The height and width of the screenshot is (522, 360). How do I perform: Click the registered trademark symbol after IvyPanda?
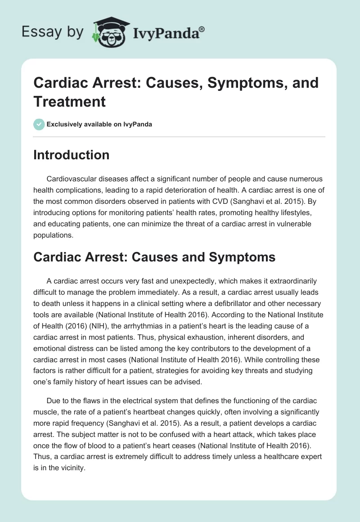coord(202,28)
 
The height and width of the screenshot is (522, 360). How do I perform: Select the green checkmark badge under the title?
coord(39,124)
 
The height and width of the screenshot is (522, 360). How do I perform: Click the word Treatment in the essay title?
coord(69,102)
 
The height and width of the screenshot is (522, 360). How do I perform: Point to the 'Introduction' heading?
coord(72,155)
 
